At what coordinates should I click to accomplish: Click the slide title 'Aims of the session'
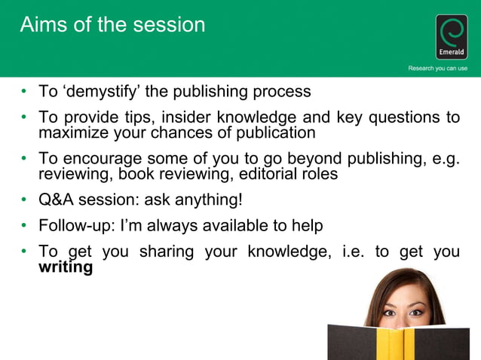click(x=112, y=25)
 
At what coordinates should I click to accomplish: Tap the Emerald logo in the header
click(x=452, y=37)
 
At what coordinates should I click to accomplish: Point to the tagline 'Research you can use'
click(x=437, y=69)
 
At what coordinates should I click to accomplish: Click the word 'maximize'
click(x=72, y=133)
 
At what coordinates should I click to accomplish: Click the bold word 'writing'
click(x=66, y=267)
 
